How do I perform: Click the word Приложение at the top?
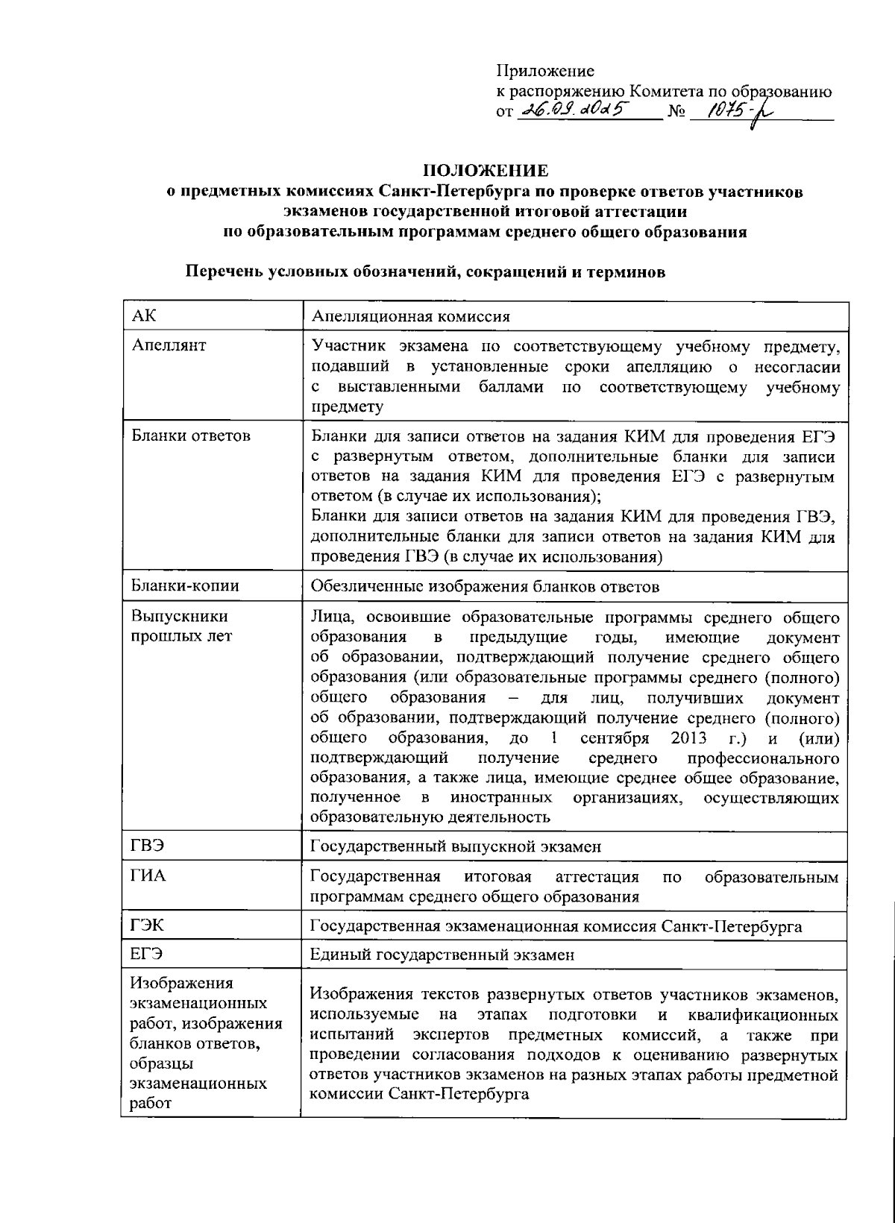coord(545,72)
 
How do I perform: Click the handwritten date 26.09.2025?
coord(576,110)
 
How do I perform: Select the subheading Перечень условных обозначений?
coord(425,272)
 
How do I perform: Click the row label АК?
coord(143,315)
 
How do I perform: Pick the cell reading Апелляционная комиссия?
coord(410,316)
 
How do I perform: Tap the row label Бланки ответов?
coord(190,436)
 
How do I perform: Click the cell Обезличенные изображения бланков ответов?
coord(485,587)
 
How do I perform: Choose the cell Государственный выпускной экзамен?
coord(456,846)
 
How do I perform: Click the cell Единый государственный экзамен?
coord(442,955)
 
